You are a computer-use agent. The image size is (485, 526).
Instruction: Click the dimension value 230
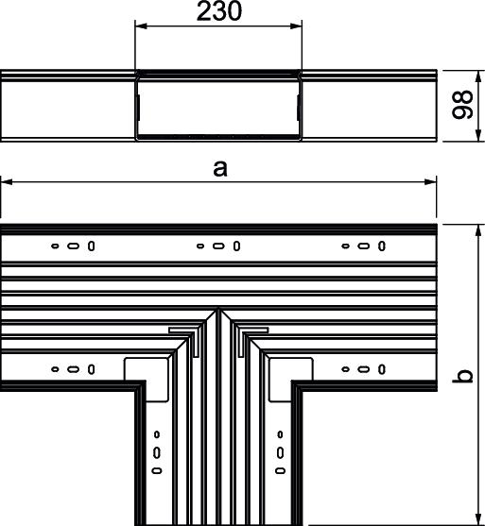pyautogui.click(x=219, y=11)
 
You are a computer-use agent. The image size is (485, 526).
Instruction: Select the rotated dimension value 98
pyautogui.click(x=462, y=104)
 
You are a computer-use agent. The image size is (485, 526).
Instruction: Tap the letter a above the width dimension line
pyautogui.click(x=220, y=168)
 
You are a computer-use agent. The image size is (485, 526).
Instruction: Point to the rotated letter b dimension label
pyautogui.click(x=462, y=376)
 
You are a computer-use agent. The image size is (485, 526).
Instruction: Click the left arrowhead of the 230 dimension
pyautogui.click(x=141, y=25)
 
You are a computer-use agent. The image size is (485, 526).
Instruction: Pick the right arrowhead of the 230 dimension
pyautogui.click(x=296, y=25)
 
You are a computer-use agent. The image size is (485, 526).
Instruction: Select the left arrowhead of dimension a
pyautogui.click(x=7, y=182)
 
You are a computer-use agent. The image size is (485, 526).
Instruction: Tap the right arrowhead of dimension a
pyautogui.click(x=430, y=182)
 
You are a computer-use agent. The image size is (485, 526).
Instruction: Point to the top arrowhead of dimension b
pyautogui.click(x=478, y=230)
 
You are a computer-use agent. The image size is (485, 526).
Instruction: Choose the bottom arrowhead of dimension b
pyautogui.click(x=478, y=519)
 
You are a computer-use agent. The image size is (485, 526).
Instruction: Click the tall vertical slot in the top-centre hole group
pyautogui.click(x=236, y=246)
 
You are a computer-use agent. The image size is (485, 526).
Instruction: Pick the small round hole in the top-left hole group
pyautogui.click(x=55, y=246)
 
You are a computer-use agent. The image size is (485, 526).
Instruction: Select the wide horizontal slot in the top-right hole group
pyautogui.click(x=363, y=246)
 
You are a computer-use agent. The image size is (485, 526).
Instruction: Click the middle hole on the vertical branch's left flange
pyautogui.click(x=157, y=453)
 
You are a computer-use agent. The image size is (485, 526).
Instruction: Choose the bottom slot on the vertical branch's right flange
pyautogui.click(x=281, y=470)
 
